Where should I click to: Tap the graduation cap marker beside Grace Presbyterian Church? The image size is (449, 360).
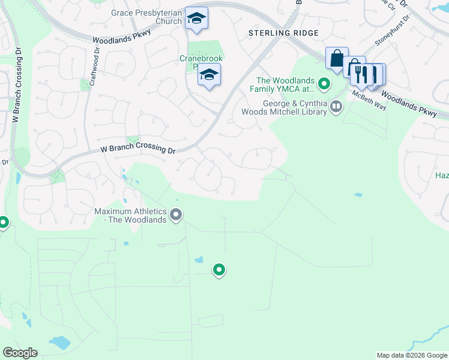196,19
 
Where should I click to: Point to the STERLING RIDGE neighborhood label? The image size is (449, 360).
284,32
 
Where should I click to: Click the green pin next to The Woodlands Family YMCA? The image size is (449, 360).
325,84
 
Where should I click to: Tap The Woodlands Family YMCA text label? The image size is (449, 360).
285,85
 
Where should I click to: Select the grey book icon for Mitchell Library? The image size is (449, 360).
336,107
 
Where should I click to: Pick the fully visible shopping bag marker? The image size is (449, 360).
337,59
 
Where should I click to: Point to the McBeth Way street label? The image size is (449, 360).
369,100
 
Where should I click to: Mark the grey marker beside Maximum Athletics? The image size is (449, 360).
176,214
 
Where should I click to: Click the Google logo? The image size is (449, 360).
20,353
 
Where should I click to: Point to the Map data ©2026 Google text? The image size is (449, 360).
411,355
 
